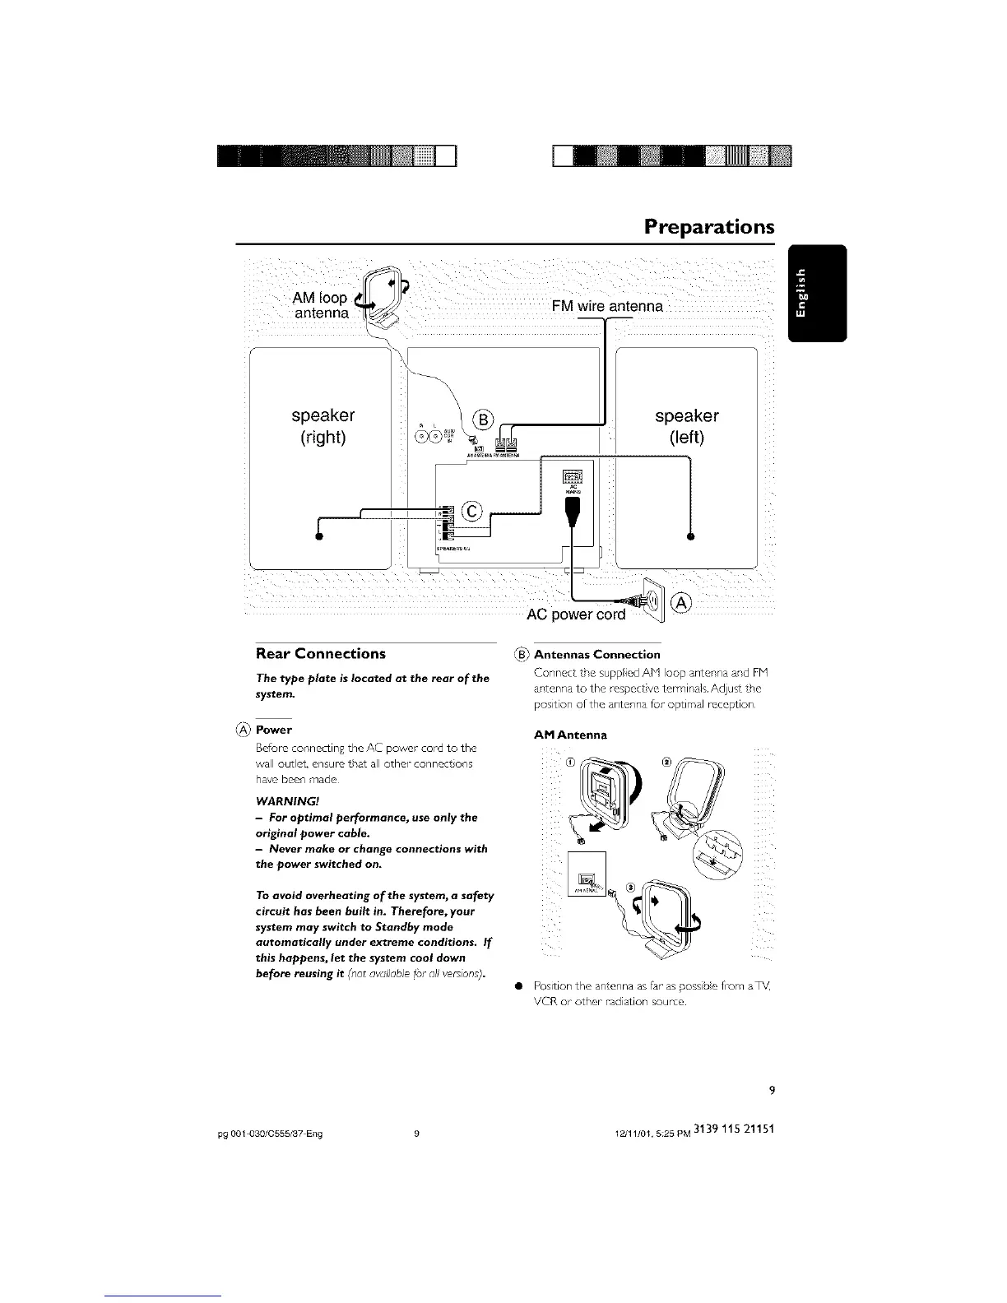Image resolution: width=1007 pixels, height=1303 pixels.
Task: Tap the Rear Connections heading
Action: click(x=320, y=654)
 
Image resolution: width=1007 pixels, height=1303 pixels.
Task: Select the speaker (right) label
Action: click(x=322, y=426)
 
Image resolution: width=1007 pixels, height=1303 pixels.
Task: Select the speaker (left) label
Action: click(x=686, y=426)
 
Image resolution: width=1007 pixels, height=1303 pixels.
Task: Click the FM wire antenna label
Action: click(x=607, y=307)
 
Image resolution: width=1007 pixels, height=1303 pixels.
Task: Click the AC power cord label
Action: click(x=576, y=614)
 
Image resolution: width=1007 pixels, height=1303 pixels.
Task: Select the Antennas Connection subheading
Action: click(x=596, y=655)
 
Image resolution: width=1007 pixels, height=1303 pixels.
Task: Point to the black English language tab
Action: click(x=816, y=293)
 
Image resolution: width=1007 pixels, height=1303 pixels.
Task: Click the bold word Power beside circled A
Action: click(x=274, y=730)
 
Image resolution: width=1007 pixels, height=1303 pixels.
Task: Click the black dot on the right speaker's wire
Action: click(x=318, y=537)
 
